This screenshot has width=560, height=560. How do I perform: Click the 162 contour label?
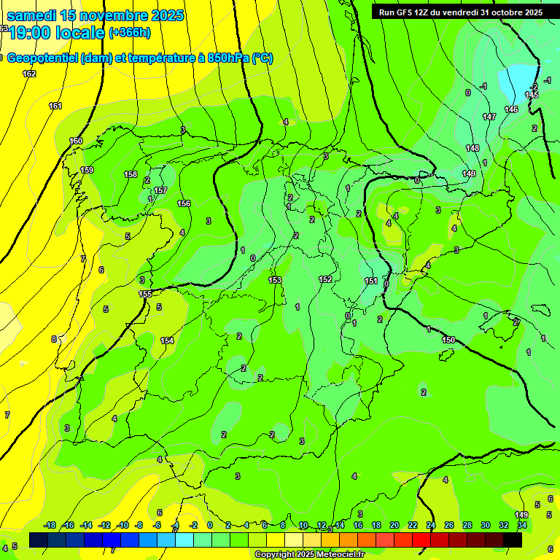pos(29,74)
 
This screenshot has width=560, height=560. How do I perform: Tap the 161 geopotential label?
pos(55,106)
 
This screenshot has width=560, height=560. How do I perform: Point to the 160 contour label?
pos(76,141)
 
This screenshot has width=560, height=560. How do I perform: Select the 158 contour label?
pos(131,174)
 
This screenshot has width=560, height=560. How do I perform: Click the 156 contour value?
pos(184,203)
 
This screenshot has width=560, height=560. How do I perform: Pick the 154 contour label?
pos(167,341)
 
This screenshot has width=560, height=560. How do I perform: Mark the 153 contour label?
pos(275,280)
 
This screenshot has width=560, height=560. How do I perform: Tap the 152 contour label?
pos(325,279)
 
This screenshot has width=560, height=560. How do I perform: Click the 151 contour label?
pos(371,281)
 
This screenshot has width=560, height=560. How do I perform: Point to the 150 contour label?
pos(448,341)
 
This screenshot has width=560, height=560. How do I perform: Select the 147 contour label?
pos(489,117)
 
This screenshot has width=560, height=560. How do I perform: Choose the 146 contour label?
pos(511,109)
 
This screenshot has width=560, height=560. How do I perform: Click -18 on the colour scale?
pos(50,525)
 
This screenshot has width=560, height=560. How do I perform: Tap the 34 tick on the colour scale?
pos(522,525)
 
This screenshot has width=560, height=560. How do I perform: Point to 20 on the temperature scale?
pos(394,525)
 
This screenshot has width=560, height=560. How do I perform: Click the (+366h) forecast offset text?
pos(130,32)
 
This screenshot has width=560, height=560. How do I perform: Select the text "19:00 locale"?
pos(57,33)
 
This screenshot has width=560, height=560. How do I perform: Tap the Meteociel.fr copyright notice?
pos(310,554)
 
